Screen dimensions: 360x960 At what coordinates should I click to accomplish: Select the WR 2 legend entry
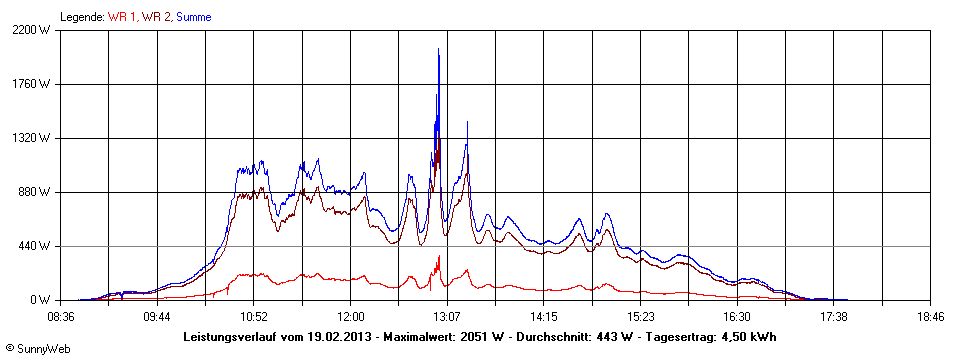pyautogui.click(x=156, y=17)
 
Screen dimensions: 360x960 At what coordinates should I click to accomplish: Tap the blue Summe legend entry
pyautogui.click(x=193, y=17)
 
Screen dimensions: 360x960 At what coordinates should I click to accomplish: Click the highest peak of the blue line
pyautogui.click(x=438, y=49)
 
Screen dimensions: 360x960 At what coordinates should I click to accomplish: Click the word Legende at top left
pyautogui.click(x=81, y=17)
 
